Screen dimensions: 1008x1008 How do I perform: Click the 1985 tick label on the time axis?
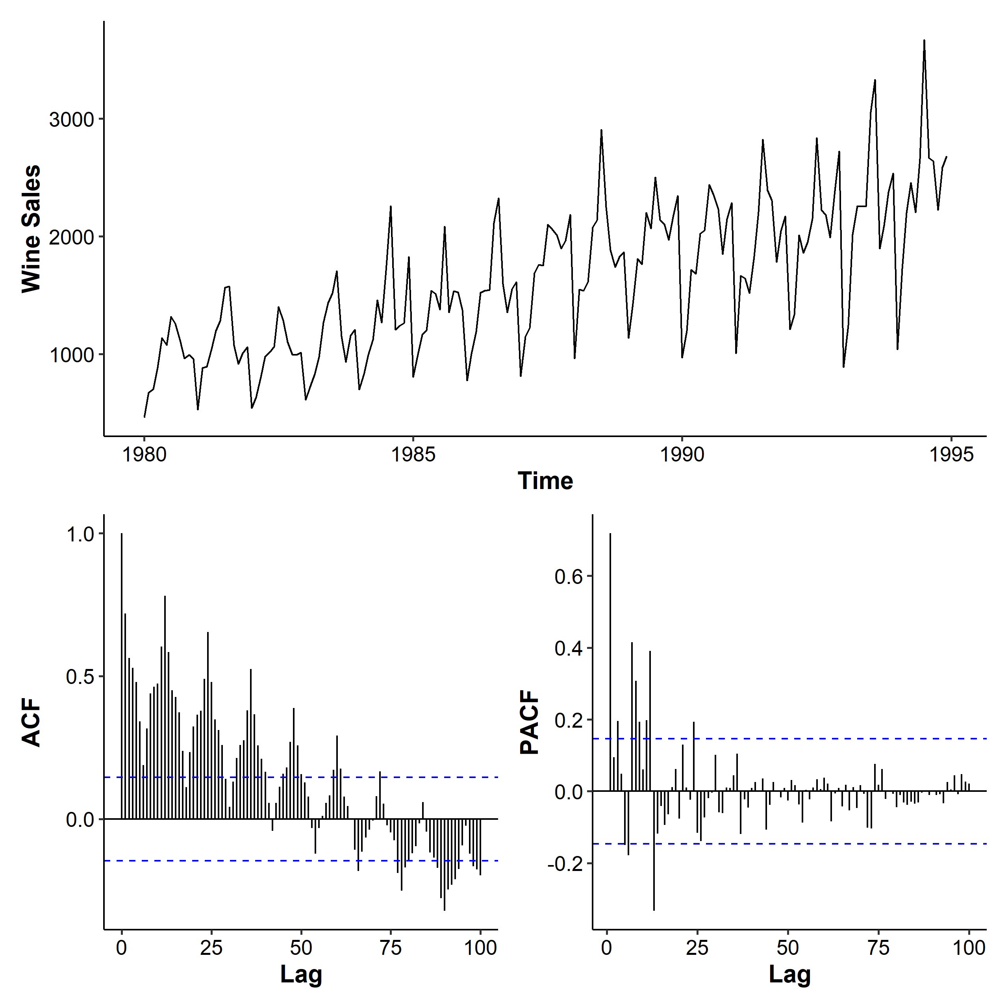click(x=413, y=454)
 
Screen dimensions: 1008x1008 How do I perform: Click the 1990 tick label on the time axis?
click(x=682, y=454)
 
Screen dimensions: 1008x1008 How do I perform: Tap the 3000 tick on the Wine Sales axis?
click(x=72, y=119)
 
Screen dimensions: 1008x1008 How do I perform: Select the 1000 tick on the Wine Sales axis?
click(x=72, y=355)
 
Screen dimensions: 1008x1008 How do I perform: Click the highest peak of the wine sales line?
click(x=924, y=40)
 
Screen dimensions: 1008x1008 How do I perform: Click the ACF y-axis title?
click(x=31, y=723)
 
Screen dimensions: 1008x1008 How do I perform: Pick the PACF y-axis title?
click(x=530, y=723)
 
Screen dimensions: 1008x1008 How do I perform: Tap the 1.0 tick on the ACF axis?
click(x=80, y=534)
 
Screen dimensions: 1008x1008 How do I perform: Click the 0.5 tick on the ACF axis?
click(x=80, y=677)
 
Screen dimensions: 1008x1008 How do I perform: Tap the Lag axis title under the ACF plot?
click(x=301, y=974)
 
